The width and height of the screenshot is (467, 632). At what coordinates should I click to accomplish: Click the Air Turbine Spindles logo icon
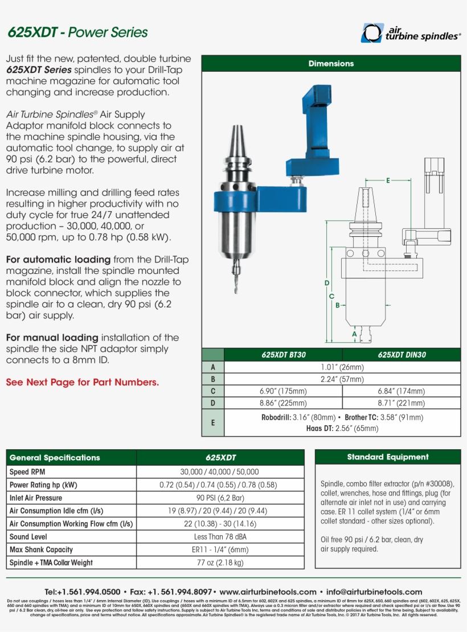(372, 33)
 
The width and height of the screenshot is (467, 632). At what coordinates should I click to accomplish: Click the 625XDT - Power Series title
(77, 32)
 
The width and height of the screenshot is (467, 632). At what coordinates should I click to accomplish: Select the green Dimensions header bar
(331, 64)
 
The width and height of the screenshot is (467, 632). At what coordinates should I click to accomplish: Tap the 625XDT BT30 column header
(283, 355)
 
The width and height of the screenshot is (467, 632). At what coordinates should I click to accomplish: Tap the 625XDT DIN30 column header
(402, 355)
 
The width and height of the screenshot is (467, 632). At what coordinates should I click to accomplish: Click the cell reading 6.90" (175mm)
(283, 391)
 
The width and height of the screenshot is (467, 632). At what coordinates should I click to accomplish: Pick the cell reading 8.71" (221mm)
(402, 403)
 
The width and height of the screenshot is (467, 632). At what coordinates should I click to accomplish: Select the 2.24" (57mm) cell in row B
(342, 379)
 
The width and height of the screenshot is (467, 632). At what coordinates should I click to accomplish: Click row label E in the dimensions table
(213, 422)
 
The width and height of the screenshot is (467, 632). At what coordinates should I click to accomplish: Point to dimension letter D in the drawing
(327, 283)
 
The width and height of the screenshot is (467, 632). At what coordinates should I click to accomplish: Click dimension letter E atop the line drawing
(388, 180)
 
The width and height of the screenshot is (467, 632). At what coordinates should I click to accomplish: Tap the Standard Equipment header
(387, 457)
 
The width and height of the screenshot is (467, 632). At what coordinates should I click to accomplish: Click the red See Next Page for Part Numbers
(83, 382)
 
